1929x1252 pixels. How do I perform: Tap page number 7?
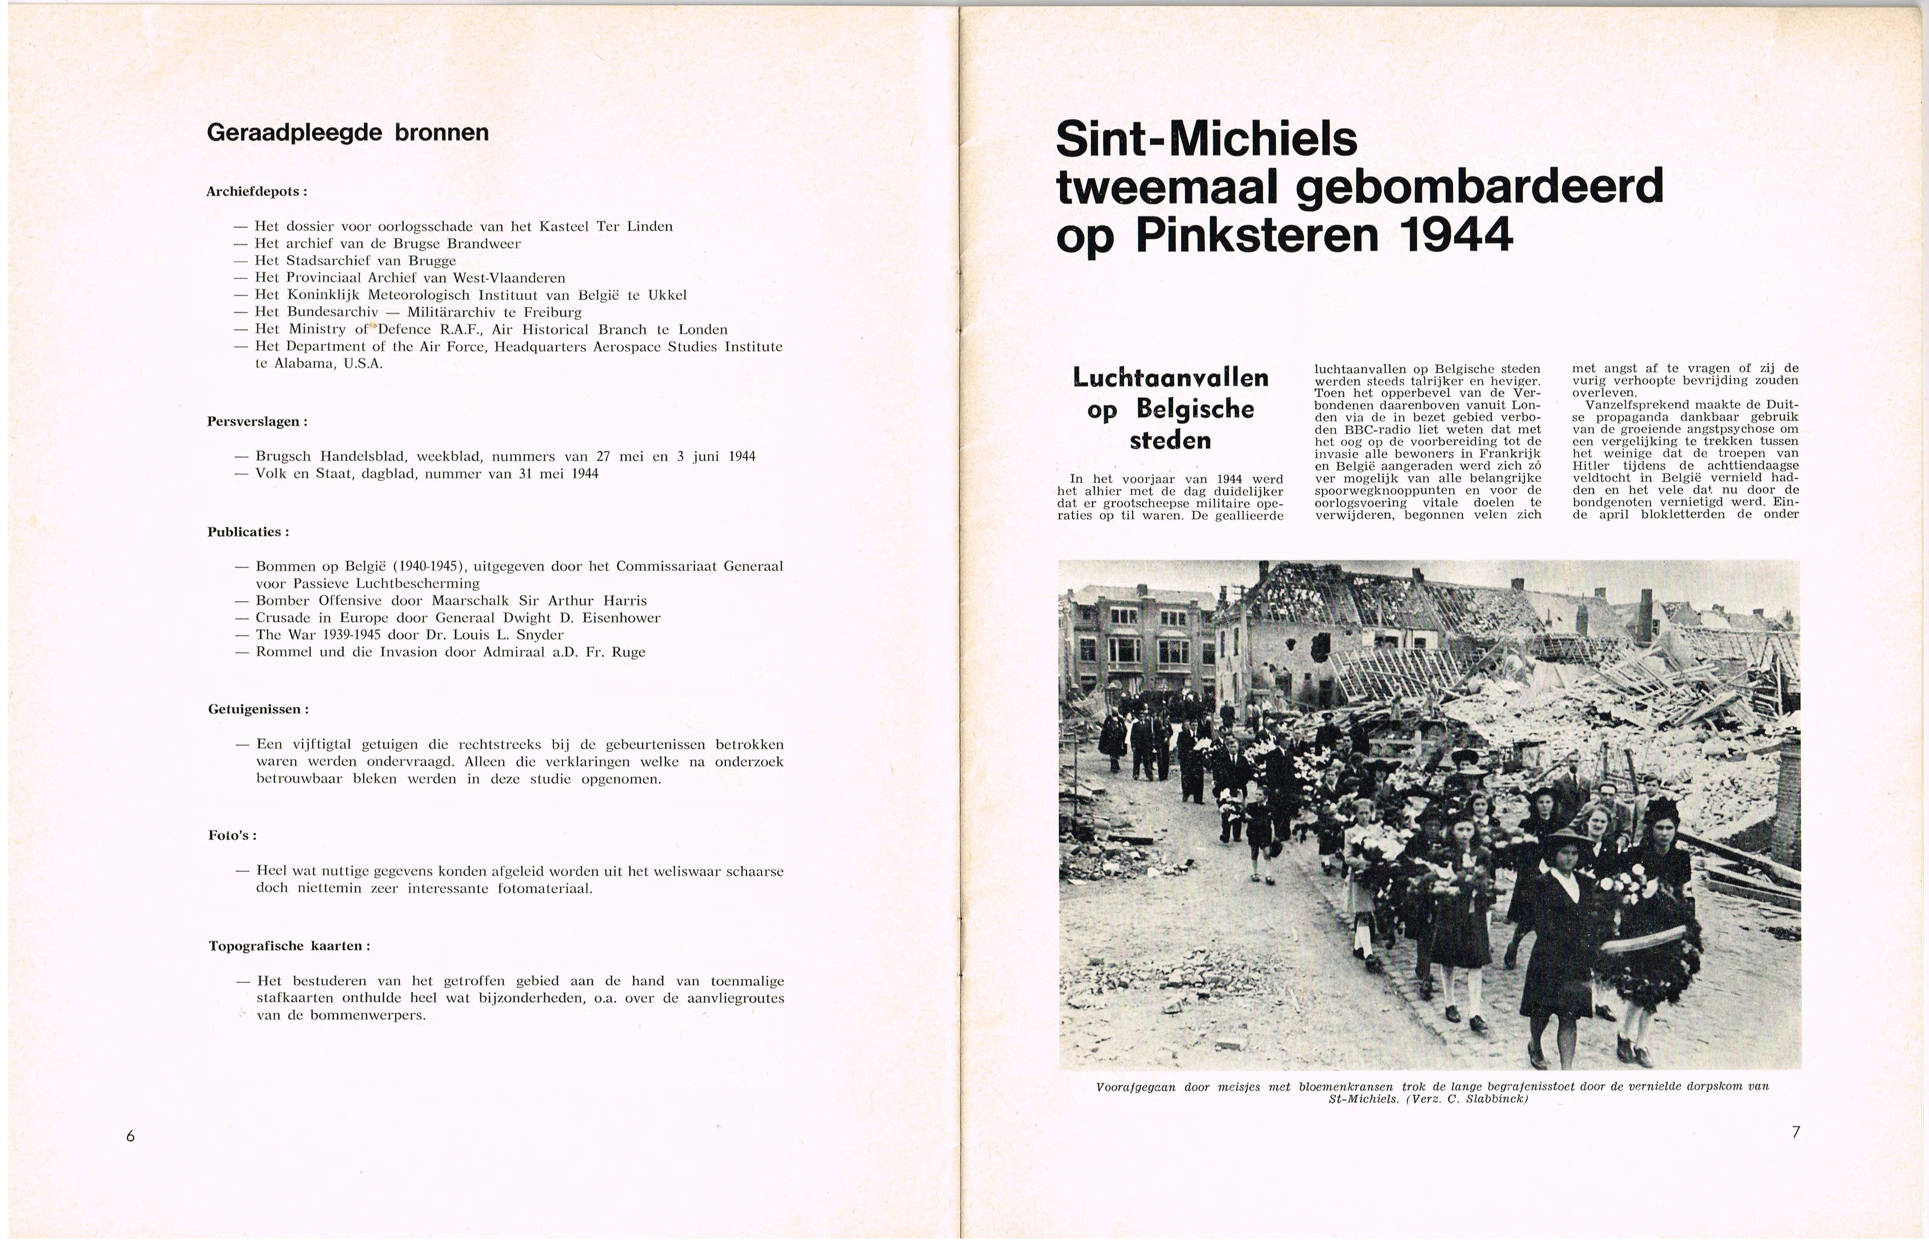(1795, 1132)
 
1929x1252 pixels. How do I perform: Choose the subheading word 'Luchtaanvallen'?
(1170, 377)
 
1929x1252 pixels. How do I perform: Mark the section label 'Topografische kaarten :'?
(289, 946)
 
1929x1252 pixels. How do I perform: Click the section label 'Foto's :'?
(232, 836)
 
